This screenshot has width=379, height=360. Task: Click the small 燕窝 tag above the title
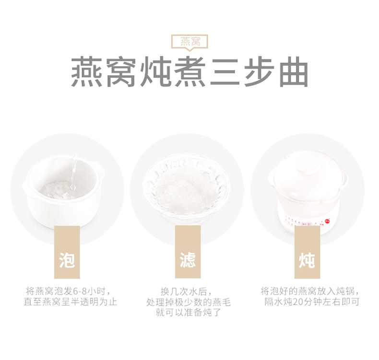[x=189, y=42]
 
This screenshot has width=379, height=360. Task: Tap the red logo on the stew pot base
[x=327, y=221]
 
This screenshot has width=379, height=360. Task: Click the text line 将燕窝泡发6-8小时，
[x=70, y=291]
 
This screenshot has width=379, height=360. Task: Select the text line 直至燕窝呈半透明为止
[x=70, y=302]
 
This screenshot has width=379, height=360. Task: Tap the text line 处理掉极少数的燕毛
[x=188, y=302]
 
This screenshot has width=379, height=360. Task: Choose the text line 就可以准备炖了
[x=188, y=313]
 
